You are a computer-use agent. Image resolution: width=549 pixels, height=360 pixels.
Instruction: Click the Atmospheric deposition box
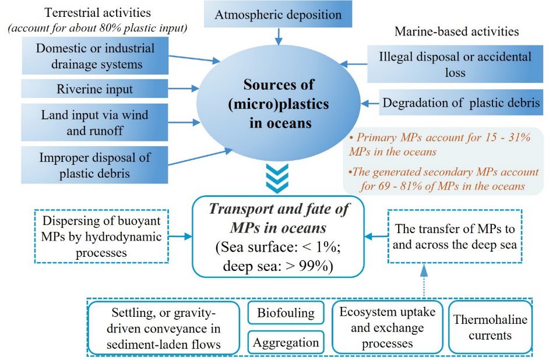pyautogui.click(x=278, y=15)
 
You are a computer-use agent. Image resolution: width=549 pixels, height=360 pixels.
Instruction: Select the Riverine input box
pyautogui.click(x=95, y=89)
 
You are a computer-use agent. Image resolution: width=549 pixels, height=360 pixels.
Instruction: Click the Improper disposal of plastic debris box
pyautogui.click(x=95, y=165)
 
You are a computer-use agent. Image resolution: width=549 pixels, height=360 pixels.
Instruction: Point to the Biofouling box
pyautogui.click(x=286, y=313)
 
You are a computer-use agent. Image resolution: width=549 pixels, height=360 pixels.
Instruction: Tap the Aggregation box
pyautogui.click(x=286, y=342)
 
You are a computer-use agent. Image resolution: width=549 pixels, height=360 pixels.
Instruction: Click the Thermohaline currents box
pyautogui.click(x=491, y=327)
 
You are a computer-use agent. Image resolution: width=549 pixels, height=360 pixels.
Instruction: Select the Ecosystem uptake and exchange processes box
pyautogui.click(x=388, y=327)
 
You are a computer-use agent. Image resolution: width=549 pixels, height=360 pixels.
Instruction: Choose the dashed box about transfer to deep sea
pyautogui.click(x=454, y=237)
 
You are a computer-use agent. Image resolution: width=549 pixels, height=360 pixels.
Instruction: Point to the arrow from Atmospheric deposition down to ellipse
pyautogui.click(x=278, y=37)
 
